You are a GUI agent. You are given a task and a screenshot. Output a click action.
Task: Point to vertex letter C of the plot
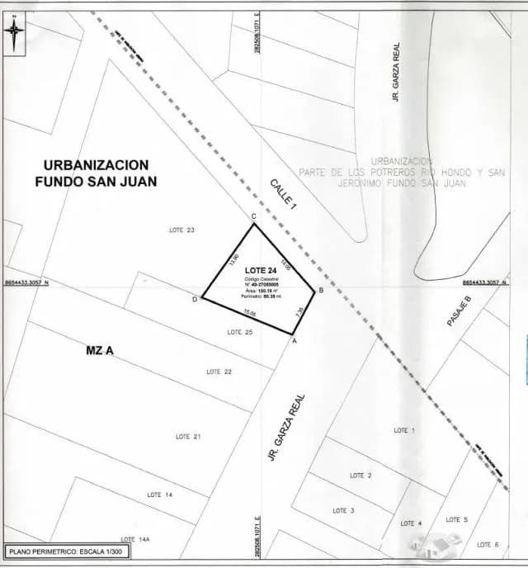coord(253,216)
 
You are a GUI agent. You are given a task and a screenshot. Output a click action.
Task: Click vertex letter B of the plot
coord(320,290)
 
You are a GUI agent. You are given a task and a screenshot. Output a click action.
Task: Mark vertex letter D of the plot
coord(195,299)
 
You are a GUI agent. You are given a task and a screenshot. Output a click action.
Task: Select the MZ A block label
coord(99,351)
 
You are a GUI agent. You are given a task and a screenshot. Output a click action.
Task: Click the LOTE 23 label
coord(181,230)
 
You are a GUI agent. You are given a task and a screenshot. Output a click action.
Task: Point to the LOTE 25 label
coord(239,332)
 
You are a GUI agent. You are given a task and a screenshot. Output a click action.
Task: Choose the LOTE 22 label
coord(219,372)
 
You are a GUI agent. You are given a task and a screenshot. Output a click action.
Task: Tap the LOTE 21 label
coord(188,436)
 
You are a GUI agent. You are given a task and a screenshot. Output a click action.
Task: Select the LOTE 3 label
coord(343,511)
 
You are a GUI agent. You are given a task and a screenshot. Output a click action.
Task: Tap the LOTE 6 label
coord(488,544)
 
